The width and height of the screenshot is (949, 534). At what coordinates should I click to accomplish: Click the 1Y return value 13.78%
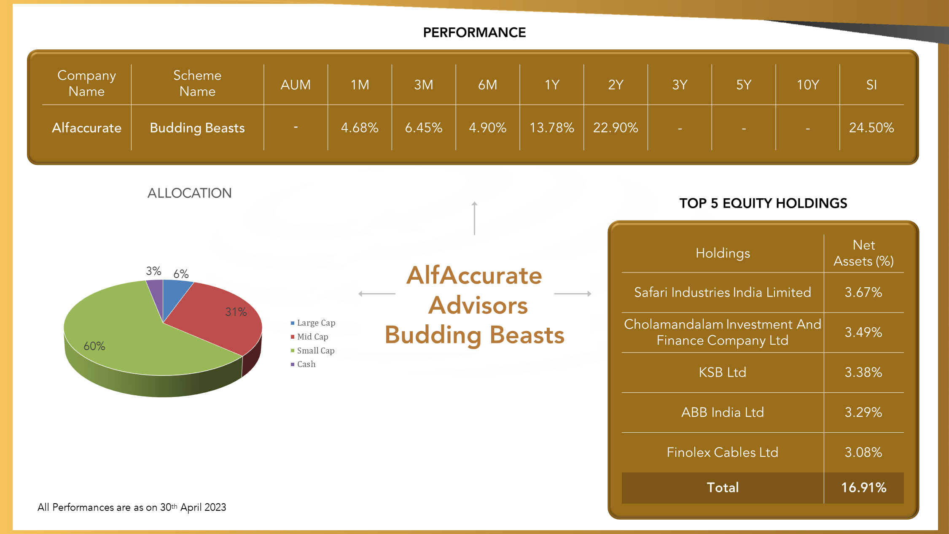(551, 127)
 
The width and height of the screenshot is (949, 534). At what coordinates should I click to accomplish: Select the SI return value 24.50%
(871, 127)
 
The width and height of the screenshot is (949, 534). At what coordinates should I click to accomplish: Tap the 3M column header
(424, 85)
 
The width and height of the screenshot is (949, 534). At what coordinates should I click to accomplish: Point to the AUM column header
(296, 85)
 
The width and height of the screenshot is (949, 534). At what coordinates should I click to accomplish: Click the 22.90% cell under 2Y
(616, 127)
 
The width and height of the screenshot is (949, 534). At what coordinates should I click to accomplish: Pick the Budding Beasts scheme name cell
(197, 128)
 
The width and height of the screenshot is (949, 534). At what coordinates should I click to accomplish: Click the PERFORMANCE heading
(474, 32)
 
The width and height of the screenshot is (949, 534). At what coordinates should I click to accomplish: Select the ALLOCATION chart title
(190, 193)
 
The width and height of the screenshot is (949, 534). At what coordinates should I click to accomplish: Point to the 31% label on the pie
(236, 312)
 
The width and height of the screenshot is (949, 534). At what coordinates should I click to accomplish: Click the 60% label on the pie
(94, 346)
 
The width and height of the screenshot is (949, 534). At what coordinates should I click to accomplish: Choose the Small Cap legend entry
(313, 351)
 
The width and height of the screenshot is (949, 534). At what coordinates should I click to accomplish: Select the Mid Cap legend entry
(309, 337)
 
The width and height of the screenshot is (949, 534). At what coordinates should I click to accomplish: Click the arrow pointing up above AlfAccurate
(474, 218)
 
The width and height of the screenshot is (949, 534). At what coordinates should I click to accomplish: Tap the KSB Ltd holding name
(723, 372)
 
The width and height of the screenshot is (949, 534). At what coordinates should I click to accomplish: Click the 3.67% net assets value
(863, 292)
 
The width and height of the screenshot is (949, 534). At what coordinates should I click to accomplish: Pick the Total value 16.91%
(864, 488)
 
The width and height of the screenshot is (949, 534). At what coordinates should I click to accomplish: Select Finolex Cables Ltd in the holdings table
(723, 452)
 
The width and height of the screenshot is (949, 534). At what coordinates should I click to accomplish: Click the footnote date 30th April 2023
(193, 507)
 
